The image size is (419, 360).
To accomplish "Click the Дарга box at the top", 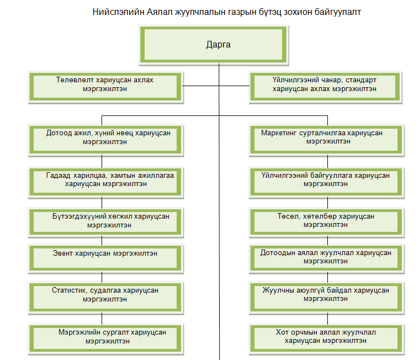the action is point(214,45).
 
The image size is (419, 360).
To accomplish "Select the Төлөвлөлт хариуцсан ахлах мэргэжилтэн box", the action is point(105,87).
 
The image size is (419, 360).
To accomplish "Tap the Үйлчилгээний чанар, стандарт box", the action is point(325,87).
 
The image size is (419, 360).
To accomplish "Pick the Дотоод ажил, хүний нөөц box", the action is point(105,140).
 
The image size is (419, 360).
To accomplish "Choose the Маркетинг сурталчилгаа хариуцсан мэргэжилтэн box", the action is point(327,140).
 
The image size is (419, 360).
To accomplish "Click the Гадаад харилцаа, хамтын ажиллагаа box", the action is point(105,183).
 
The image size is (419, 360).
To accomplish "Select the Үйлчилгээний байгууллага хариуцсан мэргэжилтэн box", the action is point(327,183).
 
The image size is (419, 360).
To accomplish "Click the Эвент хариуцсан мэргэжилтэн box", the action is point(105,258).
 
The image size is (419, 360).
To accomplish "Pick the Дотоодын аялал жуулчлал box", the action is point(327,258).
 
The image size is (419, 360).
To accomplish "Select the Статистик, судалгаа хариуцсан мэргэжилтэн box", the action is point(105,298).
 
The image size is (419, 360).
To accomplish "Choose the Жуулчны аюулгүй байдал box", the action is point(327,298).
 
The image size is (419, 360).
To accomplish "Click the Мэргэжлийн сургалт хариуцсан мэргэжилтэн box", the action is point(105,339).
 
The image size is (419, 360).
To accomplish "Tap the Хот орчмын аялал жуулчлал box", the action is point(327,339).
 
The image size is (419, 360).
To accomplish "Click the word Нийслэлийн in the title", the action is point(118,12).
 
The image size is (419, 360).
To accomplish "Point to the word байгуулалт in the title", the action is point(338,12).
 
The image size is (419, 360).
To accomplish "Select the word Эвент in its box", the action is point(62,253).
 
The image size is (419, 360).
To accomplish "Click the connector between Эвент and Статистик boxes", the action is point(102,278).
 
